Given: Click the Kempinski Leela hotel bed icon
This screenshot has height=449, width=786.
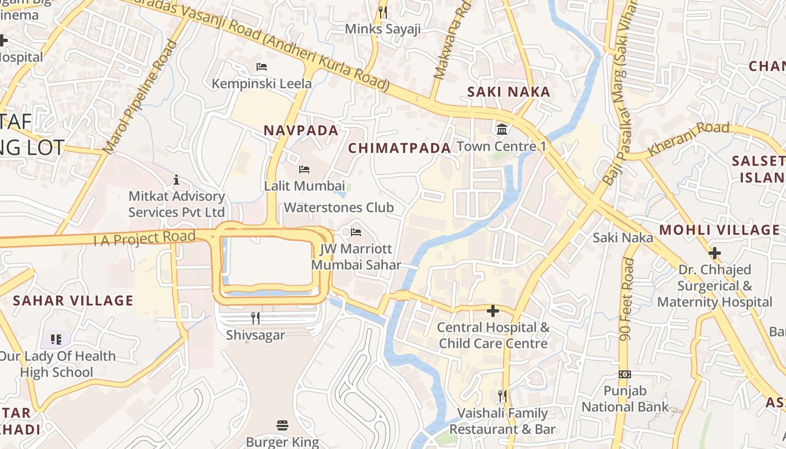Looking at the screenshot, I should point(261,67).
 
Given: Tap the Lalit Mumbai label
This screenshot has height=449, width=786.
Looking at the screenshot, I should point(304,185).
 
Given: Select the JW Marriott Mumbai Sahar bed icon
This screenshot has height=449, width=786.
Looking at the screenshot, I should point(355,232).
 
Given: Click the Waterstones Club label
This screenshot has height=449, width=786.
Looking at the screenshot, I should point(339,208).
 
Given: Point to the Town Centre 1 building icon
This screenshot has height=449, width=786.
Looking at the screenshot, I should point(502,130).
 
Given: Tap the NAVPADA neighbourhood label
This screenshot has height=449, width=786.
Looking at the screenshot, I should point(301,131).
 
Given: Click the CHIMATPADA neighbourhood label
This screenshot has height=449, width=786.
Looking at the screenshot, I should point(400,148).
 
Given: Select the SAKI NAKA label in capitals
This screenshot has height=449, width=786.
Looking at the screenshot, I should point(509,92).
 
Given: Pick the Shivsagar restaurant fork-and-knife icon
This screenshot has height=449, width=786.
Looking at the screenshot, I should point(255,318).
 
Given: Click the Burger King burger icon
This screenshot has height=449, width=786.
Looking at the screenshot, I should point(282,425).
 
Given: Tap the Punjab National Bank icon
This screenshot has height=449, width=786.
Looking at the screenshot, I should point(625,374).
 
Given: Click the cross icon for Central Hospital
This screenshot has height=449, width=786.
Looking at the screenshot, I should point(493,310).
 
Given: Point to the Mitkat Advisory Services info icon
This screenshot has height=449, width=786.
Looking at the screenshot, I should point(176,180).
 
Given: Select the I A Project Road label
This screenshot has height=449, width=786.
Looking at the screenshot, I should point(144,238).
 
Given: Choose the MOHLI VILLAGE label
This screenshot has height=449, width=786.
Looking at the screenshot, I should point(719,230).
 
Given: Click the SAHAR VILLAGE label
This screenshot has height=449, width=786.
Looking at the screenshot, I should point(73,301).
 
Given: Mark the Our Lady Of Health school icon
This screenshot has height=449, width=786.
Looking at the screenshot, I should point(56,339).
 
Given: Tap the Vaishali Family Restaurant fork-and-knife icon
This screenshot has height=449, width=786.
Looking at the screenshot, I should point(502,396).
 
